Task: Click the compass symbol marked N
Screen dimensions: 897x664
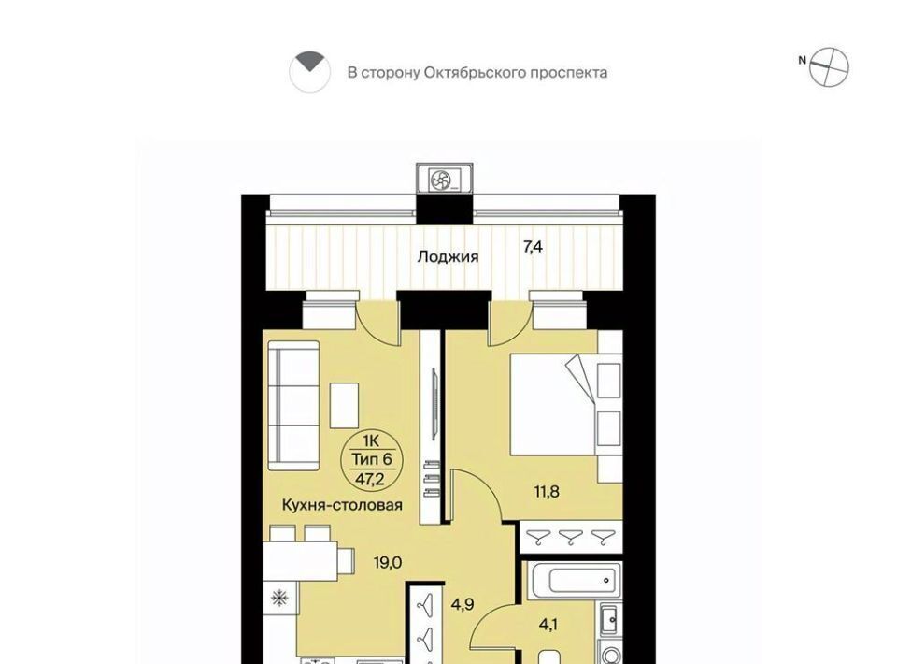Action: click(829, 67)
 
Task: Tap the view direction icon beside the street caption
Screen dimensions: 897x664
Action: click(309, 72)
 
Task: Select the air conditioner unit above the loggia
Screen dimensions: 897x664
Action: click(445, 180)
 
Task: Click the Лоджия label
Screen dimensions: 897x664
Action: click(448, 257)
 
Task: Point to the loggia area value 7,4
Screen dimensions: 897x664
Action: click(533, 247)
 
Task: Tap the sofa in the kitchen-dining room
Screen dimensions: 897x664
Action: click(293, 406)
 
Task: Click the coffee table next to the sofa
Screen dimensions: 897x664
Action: click(345, 405)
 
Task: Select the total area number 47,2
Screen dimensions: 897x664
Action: click(370, 479)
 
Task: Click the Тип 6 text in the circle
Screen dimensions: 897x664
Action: click(371, 459)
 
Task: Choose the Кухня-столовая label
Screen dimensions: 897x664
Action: click(342, 505)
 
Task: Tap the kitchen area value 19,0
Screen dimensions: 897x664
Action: click(388, 563)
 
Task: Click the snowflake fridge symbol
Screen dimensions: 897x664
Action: click(279, 599)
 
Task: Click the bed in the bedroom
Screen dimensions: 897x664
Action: click(566, 405)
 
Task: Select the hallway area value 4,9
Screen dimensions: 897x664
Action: click(463, 604)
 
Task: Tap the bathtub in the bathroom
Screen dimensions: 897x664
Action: click(574, 581)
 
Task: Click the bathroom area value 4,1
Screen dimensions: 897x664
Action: click(548, 625)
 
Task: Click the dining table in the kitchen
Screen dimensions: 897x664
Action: click(300, 560)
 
